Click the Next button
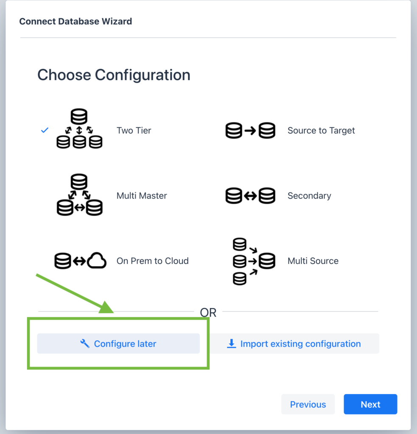[x=370, y=404]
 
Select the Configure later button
[x=118, y=344]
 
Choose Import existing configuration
[x=294, y=344]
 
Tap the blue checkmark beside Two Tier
[x=45, y=131]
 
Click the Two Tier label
[x=134, y=131]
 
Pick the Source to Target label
[x=321, y=131]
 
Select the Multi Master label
[x=142, y=196]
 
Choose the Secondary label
[x=309, y=196]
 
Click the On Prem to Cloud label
[x=152, y=261]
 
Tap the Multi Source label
[x=313, y=261]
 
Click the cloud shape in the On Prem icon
[x=97, y=261]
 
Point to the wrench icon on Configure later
[x=85, y=344]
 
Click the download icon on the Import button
[x=232, y=344]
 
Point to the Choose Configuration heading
[x=114, y=75]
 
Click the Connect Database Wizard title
[x=76, y=21]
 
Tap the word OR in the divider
[x=208, y=313]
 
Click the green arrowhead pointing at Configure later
[x=107, y=307]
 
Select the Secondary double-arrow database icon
[x=250, y=196]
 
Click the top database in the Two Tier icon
[x=79, y=116]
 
